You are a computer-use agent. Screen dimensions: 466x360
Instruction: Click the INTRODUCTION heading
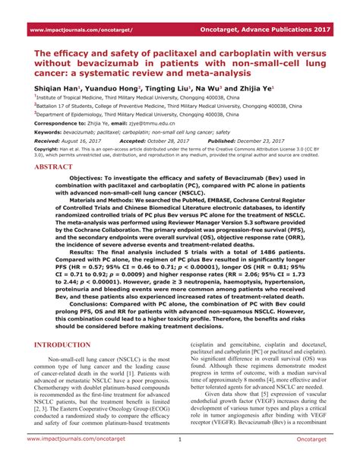(x=64, y=344)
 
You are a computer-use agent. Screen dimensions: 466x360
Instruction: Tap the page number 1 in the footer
(x=180, y=459)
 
